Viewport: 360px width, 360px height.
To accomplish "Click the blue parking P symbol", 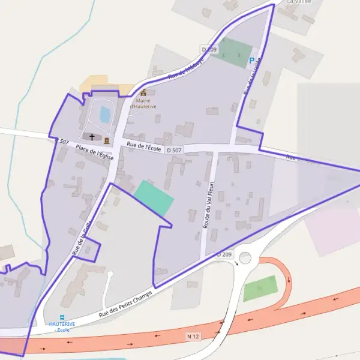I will point(251,60).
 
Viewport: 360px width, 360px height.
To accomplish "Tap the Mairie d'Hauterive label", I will point(143,104).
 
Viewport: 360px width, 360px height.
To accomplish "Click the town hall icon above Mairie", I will point(143,92).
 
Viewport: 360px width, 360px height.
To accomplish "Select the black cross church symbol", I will point(92,137).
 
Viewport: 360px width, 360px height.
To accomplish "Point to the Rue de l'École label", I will point(144,146).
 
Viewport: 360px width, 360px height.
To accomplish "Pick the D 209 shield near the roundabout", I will point(224,254).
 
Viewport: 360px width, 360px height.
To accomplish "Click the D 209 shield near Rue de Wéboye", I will point(208,48).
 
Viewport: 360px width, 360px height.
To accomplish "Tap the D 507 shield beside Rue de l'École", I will point(174,150).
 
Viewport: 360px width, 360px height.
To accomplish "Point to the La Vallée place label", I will point(299,2).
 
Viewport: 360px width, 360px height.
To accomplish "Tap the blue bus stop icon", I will point(62,317).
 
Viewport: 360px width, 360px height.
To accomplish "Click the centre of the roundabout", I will point(245,258).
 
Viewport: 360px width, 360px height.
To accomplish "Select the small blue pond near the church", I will point(105,114).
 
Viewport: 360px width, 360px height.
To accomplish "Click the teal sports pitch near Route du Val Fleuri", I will point(154,198).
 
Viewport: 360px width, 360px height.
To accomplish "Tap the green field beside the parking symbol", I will point(233,53).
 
